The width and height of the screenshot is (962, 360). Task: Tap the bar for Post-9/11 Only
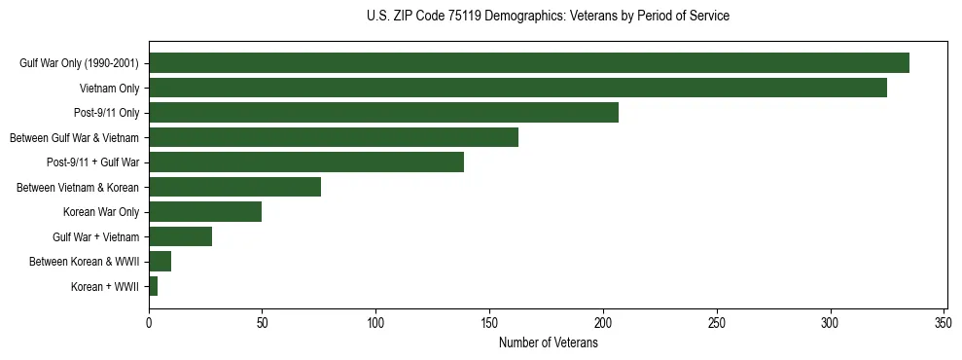(x=383, y=113)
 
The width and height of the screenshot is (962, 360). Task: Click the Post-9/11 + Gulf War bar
(x=305, y=162)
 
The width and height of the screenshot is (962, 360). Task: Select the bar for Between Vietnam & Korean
(x=234, y=187)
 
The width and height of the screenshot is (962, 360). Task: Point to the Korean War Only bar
(x=204, y=212)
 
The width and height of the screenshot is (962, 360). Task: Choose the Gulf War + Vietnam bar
(x=180, y=236)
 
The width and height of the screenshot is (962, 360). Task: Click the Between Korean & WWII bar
(x=160, y=262)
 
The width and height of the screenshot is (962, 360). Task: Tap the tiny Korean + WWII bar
(x=153, y=286)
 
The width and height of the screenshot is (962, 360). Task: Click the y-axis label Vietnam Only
(x=109, y=89)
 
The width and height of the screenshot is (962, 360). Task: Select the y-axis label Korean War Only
(x=101, y=212)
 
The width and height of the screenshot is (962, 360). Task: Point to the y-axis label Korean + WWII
(x=105, y=287)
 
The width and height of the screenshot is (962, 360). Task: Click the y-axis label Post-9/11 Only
(x=106, y=113)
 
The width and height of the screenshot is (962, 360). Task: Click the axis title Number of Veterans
(x=548, y=342)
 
